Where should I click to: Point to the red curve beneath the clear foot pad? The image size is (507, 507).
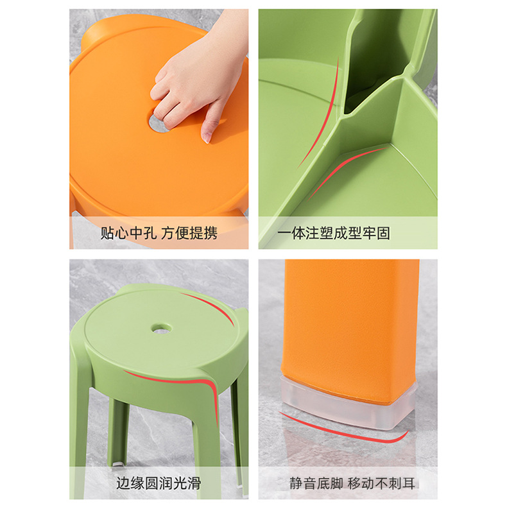point(347,431)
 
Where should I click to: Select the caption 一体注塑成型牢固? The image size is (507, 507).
point(334,233)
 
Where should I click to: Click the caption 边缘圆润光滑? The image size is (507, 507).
point(159,483)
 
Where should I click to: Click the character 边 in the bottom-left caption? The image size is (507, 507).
point(123,483)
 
